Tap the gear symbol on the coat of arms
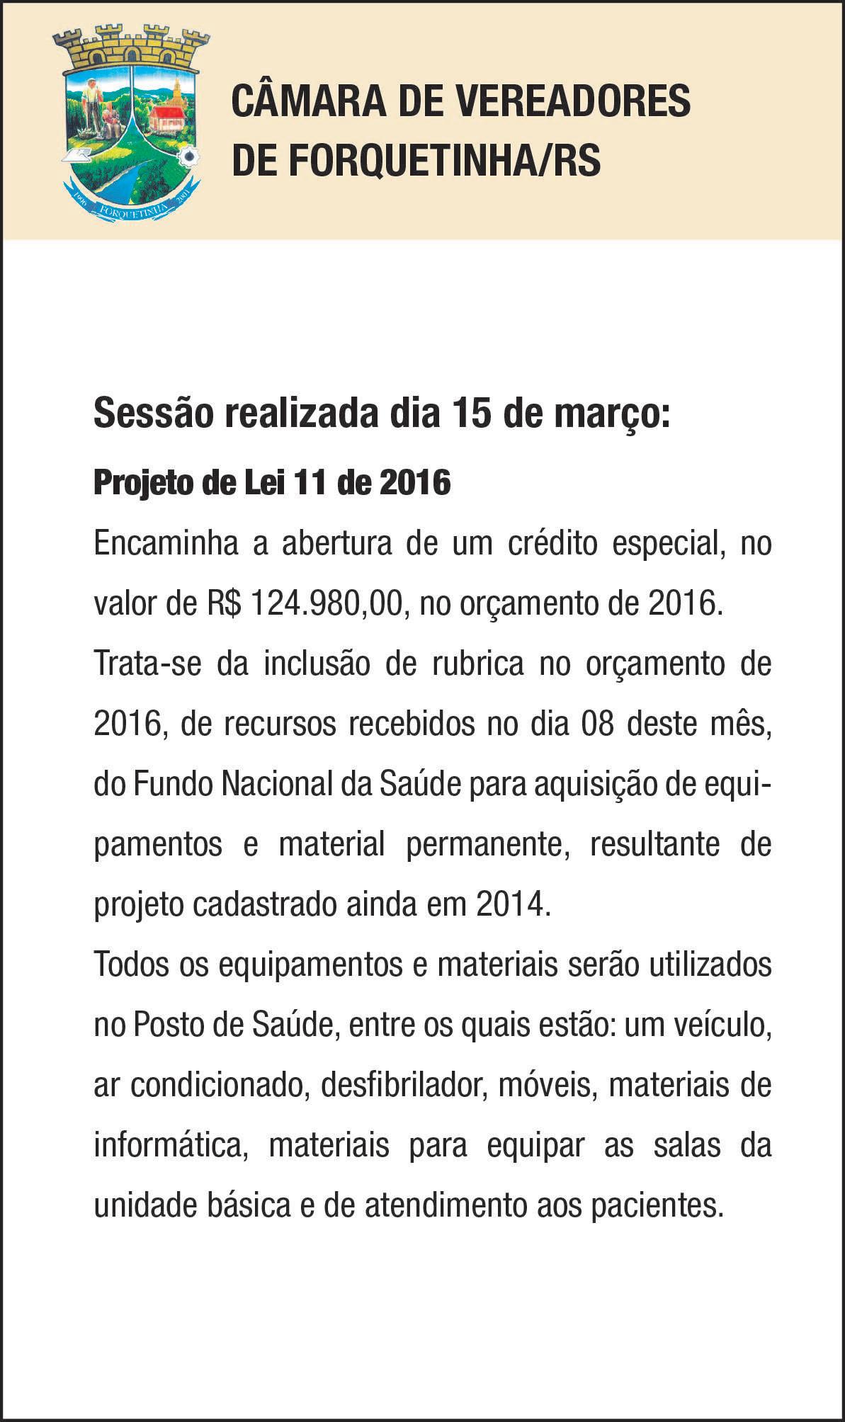pyautogui.click(x=188, y=156)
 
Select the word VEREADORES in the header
pyautogui.click(x=571, y=101)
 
